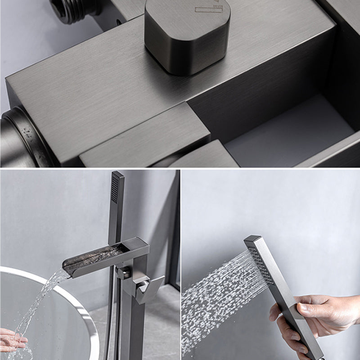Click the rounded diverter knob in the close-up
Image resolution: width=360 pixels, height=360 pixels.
coord(187,36)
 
